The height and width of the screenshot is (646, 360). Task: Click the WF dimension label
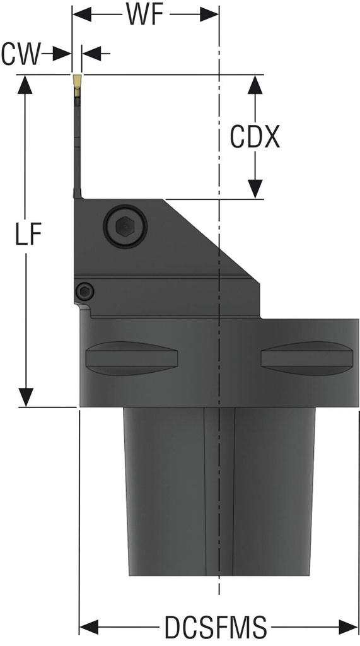pyautogui.click(x=146, y=15)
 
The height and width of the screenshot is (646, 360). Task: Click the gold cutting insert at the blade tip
pyautogui.click(x=76, y=81)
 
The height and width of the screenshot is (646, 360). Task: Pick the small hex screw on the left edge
pyautogui.click(x=84, y=291)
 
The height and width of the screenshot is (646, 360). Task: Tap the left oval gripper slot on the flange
pyautogui.click(x=132, y=358)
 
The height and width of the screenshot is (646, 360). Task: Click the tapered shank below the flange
pyautogui.click(x=218, y=492)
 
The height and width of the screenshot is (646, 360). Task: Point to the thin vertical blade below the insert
pyautogui.click(x=77, y=145)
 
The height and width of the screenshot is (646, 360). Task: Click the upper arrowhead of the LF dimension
pyautogui.click(x=25, y=85)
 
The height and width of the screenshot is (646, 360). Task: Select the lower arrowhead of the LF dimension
pyautogui.click(x=25, y=397)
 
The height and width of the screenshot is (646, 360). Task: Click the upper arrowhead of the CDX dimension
pyautogui.click(x=255, y=85)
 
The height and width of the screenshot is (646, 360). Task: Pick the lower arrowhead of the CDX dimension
pyautogui.click(x=255, y=188)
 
